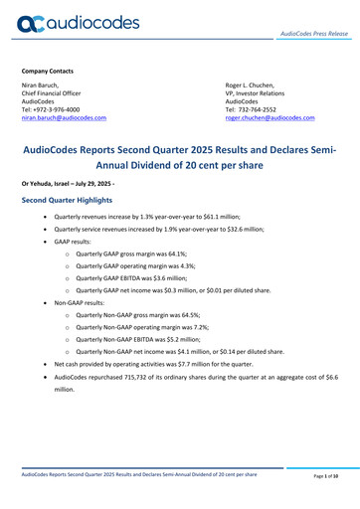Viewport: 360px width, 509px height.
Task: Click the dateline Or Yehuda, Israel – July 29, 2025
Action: click(x=83, y=181)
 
